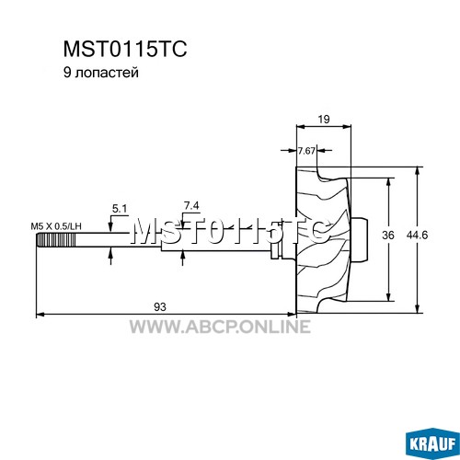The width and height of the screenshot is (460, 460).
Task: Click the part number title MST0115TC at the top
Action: click(x=125, y=50)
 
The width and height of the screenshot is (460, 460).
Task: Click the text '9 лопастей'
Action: click(x=101, y=73)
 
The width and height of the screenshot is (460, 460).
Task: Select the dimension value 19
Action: click(x=324, y=119)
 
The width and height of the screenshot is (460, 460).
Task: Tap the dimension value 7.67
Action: click(x=306, y=151)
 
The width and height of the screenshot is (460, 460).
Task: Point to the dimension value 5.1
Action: click(x=120, y=209)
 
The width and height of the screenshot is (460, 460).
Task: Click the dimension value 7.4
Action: click(x=191, y=206)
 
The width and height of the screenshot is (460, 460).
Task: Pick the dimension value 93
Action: click(x=160, y=306)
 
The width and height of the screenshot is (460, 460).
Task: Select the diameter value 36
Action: click(x=388, y=236)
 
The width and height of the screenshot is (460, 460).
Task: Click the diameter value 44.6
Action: click(x=417, y=236)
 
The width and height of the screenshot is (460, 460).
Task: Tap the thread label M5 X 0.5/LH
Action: click(x=56, y=226)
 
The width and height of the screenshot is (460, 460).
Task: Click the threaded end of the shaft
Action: click(x=56, y=240)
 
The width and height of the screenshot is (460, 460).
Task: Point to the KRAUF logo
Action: click(x=431, y=443)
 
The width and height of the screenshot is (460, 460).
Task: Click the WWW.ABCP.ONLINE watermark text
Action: click(x=220, y=327)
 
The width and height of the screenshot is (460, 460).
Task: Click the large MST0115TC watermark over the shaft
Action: click(x=230, y=231)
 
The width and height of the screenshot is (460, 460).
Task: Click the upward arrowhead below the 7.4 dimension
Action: click(x=183, y=256)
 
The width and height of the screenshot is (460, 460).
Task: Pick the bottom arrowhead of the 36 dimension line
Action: click(x=388, y=297)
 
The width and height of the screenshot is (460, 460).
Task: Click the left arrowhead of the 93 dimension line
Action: click(x=40, y=314)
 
